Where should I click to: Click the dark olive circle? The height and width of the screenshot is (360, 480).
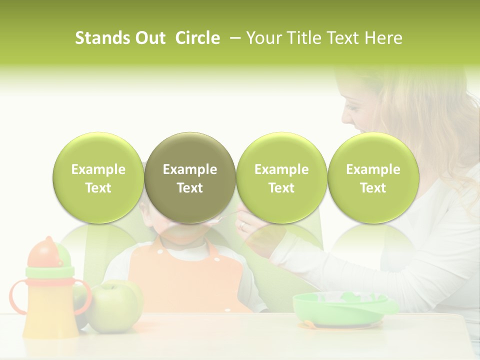[190, 178]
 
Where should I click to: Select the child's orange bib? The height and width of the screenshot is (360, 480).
[185, 277]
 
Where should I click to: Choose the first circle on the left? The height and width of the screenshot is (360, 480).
[98, 178]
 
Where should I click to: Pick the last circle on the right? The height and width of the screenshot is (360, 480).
[373, 178]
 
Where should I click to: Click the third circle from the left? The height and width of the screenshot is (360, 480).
[281, 178]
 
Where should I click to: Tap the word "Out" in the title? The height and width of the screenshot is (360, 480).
[149, 38]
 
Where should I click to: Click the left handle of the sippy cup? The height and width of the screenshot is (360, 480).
[16, 297]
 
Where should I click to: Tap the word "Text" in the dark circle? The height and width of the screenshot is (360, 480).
[190, 188]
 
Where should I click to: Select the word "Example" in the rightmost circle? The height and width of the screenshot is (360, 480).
[373, 169]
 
